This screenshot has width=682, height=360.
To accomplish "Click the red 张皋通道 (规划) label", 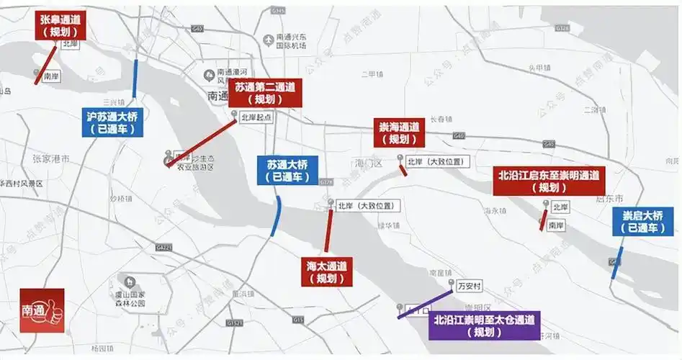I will [60, 25].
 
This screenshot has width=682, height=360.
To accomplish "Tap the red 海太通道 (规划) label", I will [326, 271].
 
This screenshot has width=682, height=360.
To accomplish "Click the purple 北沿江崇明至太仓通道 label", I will [484, 326].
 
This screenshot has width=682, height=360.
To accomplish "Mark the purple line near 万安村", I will [425, 303].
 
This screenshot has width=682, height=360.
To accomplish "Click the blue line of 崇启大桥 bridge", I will [616, 263].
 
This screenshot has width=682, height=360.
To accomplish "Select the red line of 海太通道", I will [328, 230].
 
